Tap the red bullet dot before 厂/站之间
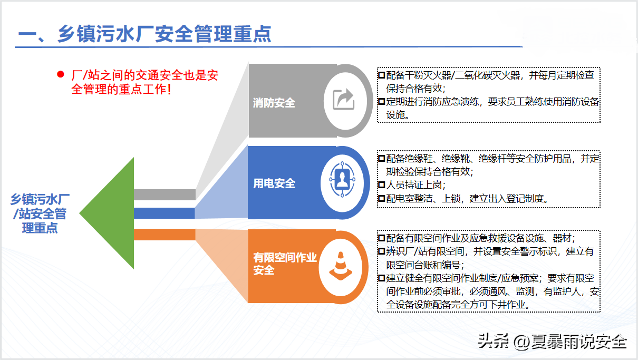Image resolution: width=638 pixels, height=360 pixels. (61, 74)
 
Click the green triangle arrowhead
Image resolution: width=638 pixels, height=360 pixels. (107, 213)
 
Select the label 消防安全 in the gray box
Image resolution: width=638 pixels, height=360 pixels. (274, 103)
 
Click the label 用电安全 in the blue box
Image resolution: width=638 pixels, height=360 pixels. (274, 183)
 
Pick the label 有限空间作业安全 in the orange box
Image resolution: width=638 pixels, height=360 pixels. (285, 264)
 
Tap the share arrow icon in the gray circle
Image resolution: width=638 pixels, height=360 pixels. (344, 99)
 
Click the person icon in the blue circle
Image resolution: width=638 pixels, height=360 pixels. (342, 179)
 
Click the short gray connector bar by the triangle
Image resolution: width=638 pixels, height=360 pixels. (165, 194)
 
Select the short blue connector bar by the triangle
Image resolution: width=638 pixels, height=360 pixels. (165, 213)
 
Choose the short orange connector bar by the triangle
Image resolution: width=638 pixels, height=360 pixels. (165, 235)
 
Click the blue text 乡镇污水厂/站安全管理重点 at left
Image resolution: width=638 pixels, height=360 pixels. (40, 213)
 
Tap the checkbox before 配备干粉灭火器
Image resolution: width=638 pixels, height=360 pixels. (382, 75)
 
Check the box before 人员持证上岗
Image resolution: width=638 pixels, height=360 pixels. (382, 185)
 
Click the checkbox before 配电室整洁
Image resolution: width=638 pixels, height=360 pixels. (382, 198)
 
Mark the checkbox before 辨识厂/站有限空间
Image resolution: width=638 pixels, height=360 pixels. (382, 251)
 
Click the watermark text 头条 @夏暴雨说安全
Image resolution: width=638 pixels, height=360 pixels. (552, 341)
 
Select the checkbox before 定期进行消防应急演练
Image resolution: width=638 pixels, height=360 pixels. (382, 101)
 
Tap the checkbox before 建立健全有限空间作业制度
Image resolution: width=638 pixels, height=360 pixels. (382, 278)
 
